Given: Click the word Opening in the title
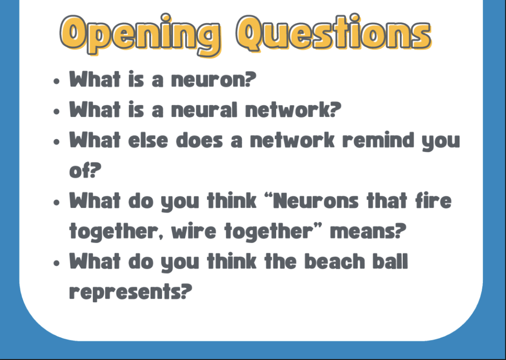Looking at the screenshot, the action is (x=140, y=35).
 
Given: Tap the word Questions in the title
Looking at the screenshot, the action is (x=334, y=34).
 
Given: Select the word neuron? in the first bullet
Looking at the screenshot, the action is (x=213, y=80).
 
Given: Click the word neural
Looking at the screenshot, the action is (x=204, y=109).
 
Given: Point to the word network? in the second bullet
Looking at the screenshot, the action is (x=293, y=109).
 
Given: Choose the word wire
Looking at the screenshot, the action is (x=194, y=231).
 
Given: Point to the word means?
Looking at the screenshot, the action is (x=368, y=231).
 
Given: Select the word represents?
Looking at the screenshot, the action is (x=130, y=292).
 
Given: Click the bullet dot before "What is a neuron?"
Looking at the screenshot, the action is (x=57, y=81).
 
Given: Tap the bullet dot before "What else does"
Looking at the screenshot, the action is (x=57, y=142).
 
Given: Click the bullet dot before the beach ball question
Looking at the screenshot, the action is (x=57, y=263).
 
